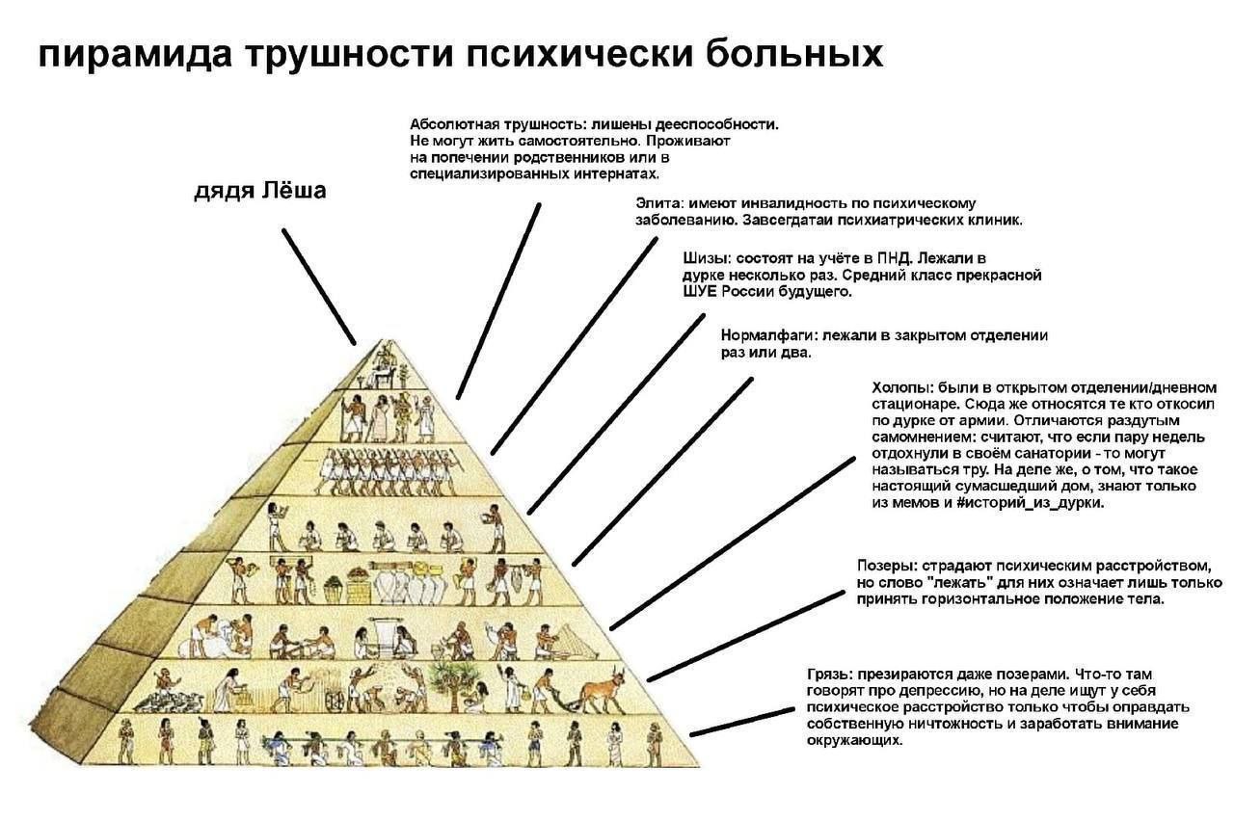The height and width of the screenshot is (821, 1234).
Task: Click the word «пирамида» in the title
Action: (135, 55)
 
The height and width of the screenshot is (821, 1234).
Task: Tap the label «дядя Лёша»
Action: (260, 191)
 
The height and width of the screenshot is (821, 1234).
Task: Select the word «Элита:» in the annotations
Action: (659, 203)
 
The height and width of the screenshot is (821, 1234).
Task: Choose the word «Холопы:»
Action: (902, 387)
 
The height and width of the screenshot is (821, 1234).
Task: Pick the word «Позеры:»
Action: (887, 566)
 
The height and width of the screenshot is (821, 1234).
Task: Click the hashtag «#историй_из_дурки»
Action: (1031, 503)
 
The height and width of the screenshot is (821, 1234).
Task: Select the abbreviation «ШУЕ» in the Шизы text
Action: (700, 291)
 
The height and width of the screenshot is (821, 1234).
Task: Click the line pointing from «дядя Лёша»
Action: (319, 287)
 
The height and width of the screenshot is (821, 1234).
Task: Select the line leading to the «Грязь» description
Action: (741, 722)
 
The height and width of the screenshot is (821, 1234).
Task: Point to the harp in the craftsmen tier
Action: (578, 642)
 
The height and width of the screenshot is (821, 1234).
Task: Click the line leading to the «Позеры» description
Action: (745, 637)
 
